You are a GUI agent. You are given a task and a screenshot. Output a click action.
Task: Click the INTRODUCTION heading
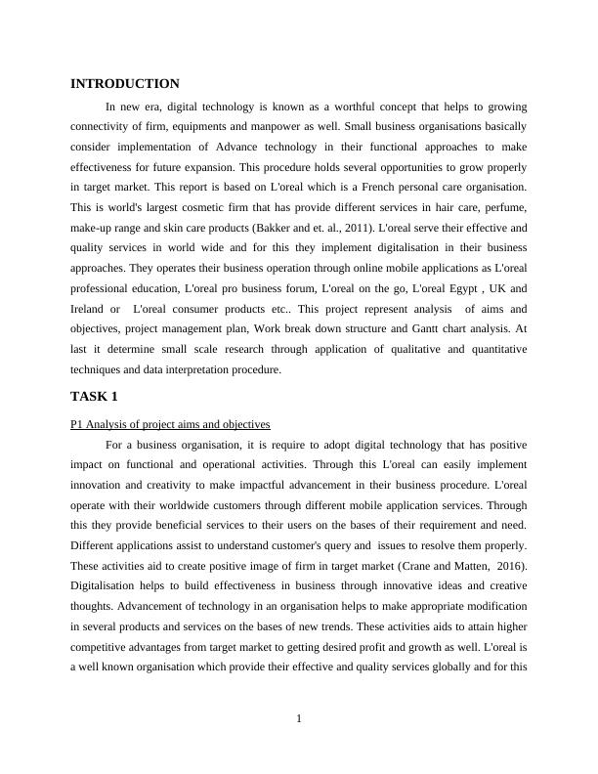tap(125, 84)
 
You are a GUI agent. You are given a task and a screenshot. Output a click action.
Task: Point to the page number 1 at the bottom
tap(299, 720)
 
